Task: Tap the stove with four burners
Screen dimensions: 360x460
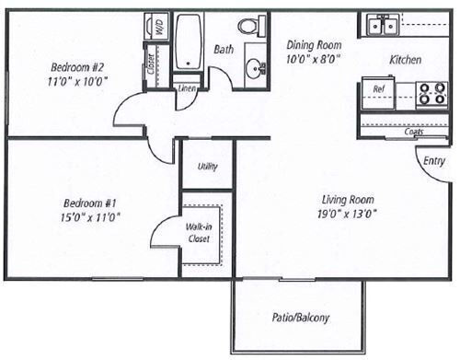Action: pyautogui.click(x=431, y=93)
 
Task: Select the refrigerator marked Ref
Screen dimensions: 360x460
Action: pyautogui.click(x=379, y=89)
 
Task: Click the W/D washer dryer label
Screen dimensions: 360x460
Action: pyautogui.click(x=157, y=28)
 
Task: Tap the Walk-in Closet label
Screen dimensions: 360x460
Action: pyautogui.click(x=199, y=232)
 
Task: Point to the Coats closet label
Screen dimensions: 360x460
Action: pyautogui.click(x=412, y=131)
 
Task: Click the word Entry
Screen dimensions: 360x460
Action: pyautogui.click(x=433, y=161)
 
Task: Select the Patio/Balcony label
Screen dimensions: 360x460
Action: pyautogui.click(x=302, y=319)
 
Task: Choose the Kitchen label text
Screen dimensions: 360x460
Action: pyautogui.click(x=406, y=60)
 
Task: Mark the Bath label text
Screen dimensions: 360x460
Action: pyautogui.click(x=224, y=49)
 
